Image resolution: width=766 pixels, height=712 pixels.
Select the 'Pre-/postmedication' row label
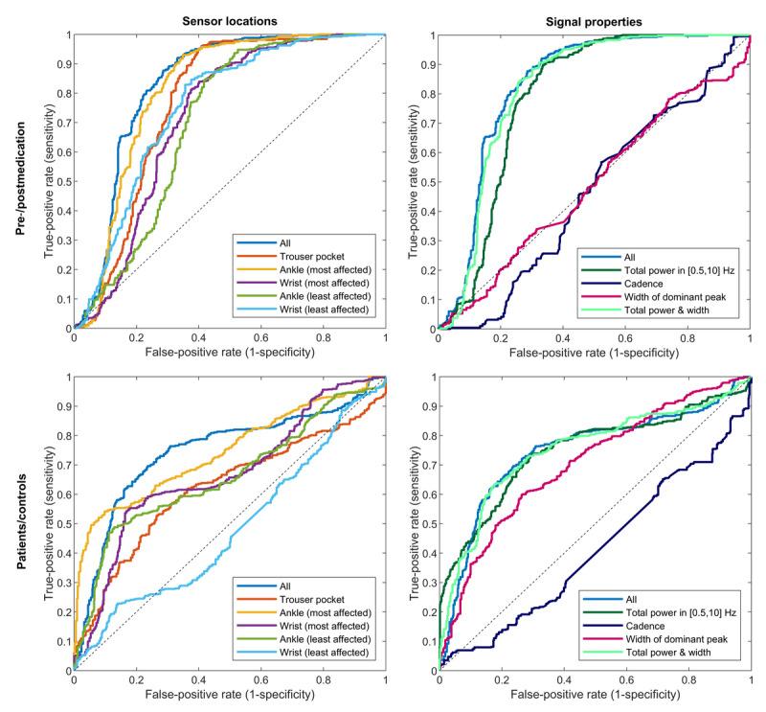15,182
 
